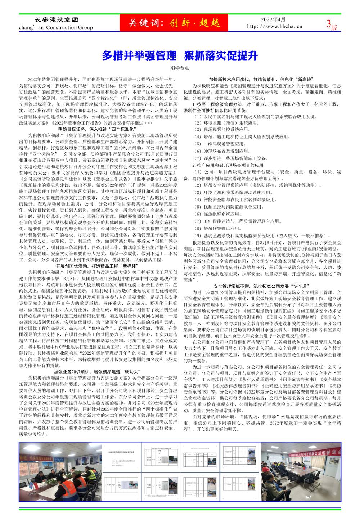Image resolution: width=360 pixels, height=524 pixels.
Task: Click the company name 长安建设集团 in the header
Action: click(54, 20)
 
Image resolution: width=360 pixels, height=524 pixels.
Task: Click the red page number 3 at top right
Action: click(328, 24)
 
